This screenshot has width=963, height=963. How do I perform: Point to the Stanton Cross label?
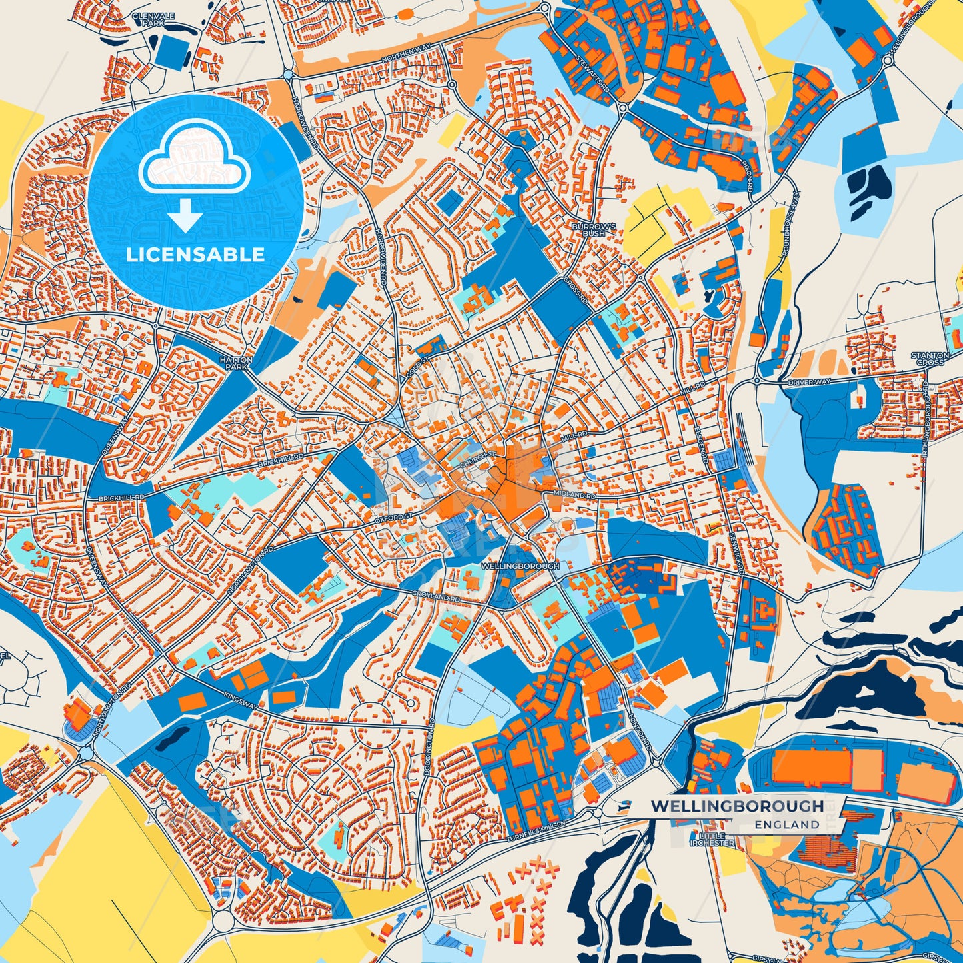[930, 359]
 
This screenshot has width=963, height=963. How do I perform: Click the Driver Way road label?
[809, 383]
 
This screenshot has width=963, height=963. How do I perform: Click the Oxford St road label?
[394, 517]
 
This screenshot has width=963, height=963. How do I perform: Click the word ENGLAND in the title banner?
[787, 824]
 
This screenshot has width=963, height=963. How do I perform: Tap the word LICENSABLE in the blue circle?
[195, 255]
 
